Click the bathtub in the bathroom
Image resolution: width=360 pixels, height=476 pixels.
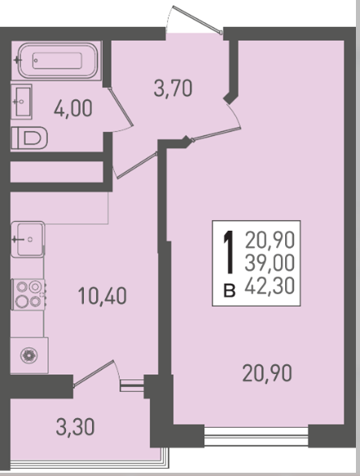[x=57, y=60]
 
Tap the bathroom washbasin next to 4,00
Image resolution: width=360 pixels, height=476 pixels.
[x=21, y=101]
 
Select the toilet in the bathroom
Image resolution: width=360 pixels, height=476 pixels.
[x=29, y=138]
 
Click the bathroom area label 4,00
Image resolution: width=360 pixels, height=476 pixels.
[x=72, y=108]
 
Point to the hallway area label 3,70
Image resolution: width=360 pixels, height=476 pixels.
[x=173, y=88]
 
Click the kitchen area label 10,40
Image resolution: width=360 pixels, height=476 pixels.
[x=102, y=296]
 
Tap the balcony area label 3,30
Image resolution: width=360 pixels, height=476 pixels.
[x=75, y=427]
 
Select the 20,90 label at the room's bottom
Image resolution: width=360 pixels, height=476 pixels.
[x=267, y=373]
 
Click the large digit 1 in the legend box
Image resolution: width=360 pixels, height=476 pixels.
[x=228, y=252]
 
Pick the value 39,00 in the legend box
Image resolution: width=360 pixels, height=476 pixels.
[x=270, y=263]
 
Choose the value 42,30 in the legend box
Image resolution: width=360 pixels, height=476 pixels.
[x=270, y=286]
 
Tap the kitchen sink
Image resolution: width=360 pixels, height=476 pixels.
[x=28, y=239]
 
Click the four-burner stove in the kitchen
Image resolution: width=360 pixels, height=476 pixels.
[x=29, y=294]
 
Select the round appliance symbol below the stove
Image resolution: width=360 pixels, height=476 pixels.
[x=29, y=355]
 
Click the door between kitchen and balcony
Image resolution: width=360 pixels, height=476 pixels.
[x=94, y=373]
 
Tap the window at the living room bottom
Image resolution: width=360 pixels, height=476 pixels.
[x=257, y=436]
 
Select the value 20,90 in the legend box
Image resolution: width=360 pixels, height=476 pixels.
[x=270, y=240]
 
